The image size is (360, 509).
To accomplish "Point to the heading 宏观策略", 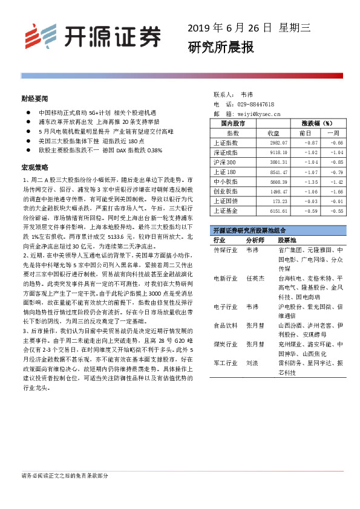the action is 34,166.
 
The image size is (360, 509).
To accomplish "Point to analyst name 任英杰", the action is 255,279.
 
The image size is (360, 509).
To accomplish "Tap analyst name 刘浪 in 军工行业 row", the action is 252,364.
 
